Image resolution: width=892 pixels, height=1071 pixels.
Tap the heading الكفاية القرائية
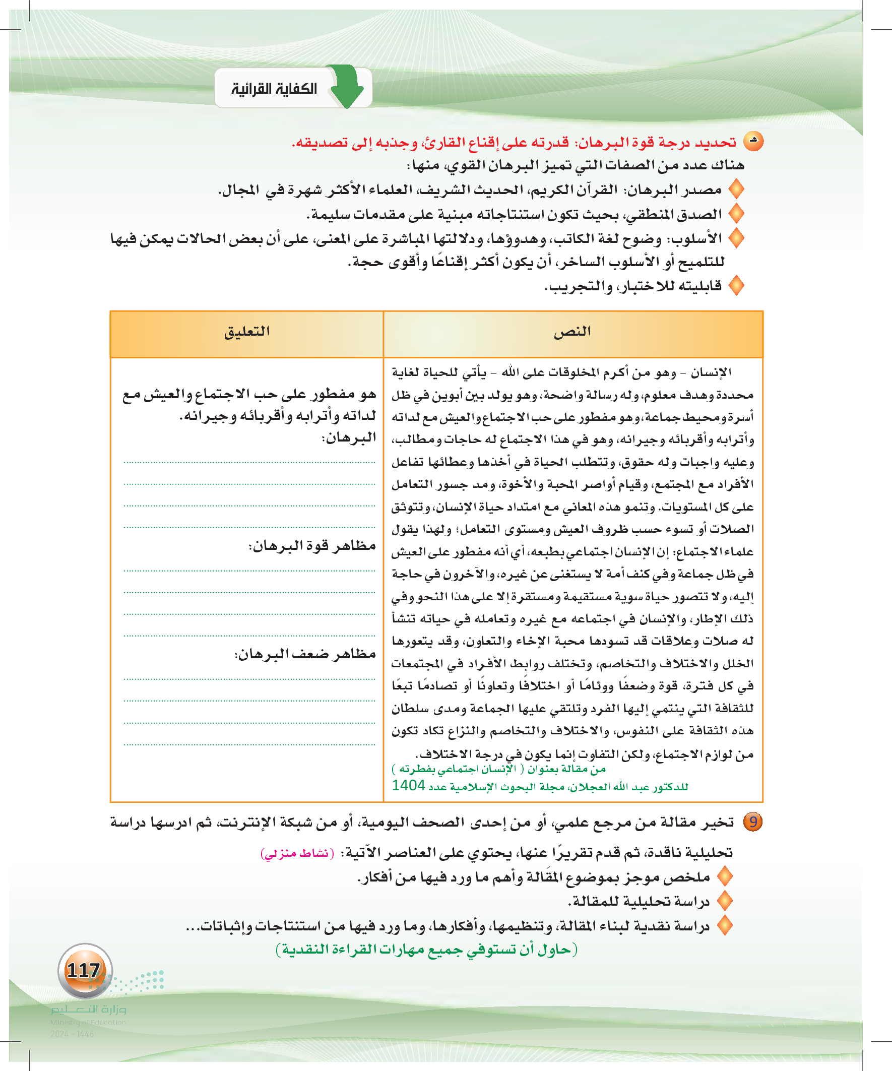(x=274, y=89)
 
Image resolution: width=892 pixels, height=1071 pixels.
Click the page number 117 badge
(x=84, y=970)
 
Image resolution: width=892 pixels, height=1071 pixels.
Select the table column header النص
(x=572, y=332)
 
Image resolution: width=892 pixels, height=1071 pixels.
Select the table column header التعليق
(x=247, y=332)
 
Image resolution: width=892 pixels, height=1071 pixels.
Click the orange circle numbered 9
(x=753, y=822)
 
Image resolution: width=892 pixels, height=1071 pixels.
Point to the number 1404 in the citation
(x=409, y=786)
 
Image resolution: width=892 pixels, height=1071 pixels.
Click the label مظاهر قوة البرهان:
(x=312, y=546)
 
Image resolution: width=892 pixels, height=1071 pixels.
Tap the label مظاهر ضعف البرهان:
(x=305, y=654)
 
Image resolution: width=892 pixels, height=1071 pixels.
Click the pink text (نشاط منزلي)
(x=297, y=853)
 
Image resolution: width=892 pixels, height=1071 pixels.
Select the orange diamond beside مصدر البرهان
(x=736, y=190)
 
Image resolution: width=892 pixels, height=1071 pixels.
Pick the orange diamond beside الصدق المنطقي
(x=736, y=214)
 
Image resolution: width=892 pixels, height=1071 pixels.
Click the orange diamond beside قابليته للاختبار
(x=736, y=286)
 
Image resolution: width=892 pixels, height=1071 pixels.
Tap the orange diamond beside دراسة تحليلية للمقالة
(x=725, y=901)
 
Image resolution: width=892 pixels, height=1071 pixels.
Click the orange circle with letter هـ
(x=753, y=141)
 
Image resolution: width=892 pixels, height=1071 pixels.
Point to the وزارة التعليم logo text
(x=88, y=1010)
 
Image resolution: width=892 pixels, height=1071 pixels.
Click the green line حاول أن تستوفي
(x=426, y=950)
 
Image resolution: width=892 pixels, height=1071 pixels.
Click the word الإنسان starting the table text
(x=712, y=373)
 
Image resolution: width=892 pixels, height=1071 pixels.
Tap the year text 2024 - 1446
(x=72, y=1034)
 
